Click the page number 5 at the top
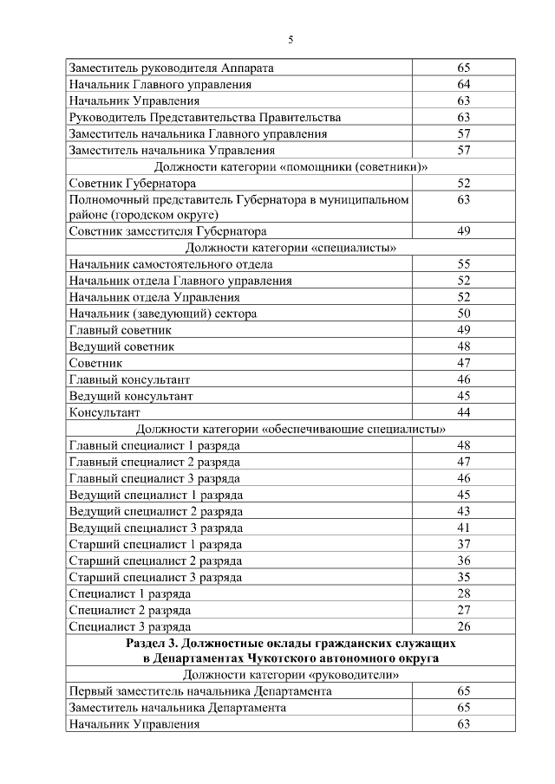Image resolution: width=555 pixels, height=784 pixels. (291, 38)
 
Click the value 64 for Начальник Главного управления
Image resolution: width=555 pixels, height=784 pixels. (463, 84)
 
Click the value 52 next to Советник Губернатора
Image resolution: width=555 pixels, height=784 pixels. (463, 183)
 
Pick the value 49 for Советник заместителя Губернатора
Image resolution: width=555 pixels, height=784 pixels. (463, 231)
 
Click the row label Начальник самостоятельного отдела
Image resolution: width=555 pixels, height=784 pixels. (171, 264)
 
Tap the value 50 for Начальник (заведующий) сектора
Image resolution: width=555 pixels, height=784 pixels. (463, 314)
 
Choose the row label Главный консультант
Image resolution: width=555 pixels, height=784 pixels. (129, 379)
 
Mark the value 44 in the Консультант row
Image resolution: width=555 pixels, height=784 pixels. (463, 412)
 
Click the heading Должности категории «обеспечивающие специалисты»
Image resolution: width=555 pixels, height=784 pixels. (291, 429)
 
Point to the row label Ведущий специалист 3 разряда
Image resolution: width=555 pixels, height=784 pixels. (155, 528)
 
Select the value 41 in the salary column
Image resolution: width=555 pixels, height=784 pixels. (463, 528)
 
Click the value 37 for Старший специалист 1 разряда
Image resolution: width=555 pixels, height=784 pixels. (463, 544)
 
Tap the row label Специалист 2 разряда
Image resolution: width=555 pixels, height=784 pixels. (129, 610)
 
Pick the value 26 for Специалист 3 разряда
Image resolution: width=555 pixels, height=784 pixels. (463, 626)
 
